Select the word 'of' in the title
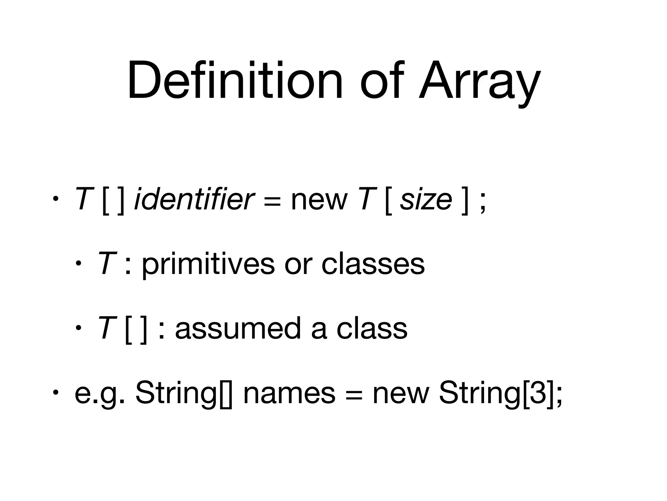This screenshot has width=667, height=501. [x=382, y=81]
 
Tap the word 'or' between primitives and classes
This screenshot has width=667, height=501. [x=298, y=264]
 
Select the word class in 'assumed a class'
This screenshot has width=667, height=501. [x=372, y=328]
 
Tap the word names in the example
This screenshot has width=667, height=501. [x=289, y=393]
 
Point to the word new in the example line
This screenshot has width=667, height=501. [x=401, y=393]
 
